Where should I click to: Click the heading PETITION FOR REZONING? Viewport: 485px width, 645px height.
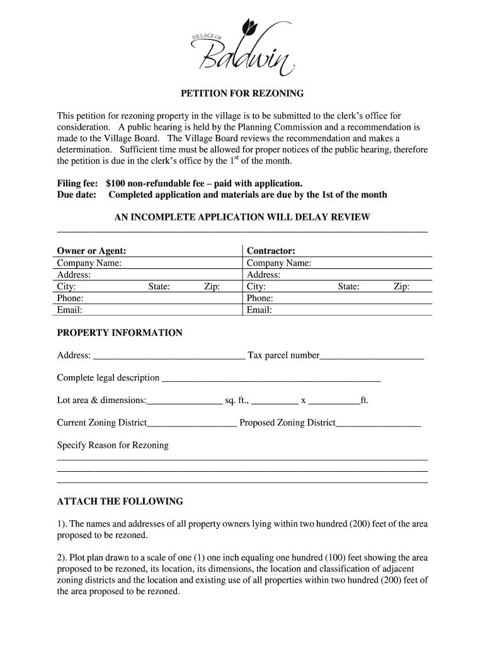243,93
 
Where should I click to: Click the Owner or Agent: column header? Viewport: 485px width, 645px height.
91,251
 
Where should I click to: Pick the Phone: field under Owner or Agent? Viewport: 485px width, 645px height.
145,298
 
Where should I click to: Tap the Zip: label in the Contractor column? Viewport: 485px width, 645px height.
401,287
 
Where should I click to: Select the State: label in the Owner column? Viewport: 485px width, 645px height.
159,287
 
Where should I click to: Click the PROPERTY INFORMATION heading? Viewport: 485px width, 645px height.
120,333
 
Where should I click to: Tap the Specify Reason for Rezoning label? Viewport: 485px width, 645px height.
113,445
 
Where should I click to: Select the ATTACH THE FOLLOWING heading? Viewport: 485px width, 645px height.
120,501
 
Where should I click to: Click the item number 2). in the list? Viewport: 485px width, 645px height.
62,558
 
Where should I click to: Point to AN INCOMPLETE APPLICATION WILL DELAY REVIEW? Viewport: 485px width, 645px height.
242,217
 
